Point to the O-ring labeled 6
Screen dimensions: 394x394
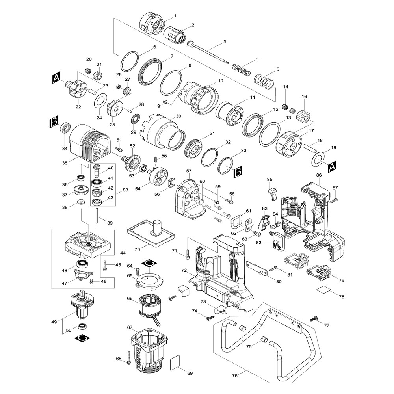[x=130, y=61]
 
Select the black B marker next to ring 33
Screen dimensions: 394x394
[x=238, y=172]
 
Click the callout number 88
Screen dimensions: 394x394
[x=125, y=190]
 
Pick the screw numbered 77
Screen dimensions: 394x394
[x=314, y=318]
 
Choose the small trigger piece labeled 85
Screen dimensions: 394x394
[x=273, y=193]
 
